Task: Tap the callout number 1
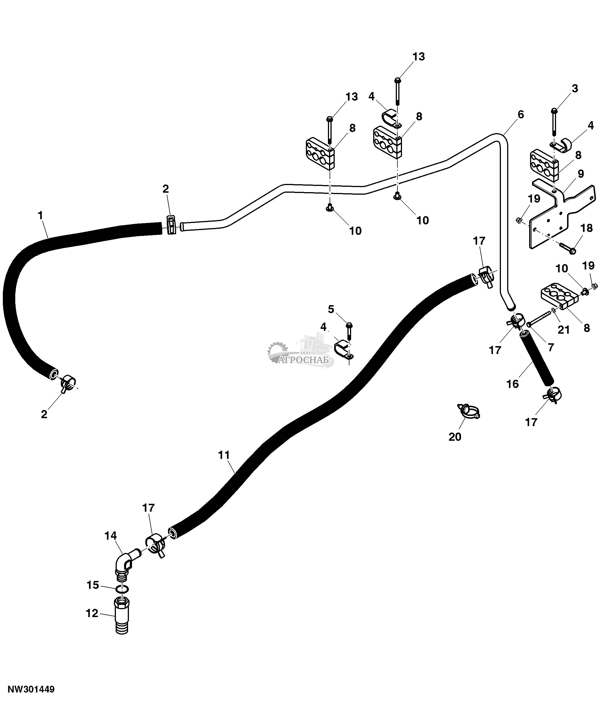pos(41,215)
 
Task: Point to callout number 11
pos(224,455)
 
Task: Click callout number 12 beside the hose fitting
pos(92,613)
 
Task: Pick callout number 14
pos(111,535)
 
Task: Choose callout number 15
pos(93,585)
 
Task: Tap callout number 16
pos(513,384)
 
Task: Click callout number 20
pos(455,437)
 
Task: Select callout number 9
pos(581,174)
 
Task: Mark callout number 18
pos(587,228)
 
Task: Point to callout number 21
pos(564,329)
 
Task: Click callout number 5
pos(331,309)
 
